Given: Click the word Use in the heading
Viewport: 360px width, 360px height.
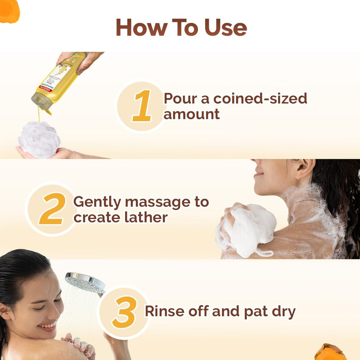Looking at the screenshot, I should click(x=226, y=27).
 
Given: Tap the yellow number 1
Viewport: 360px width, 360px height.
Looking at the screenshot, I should click(x=142, y=105).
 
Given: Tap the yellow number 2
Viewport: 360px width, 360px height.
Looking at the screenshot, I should click(x=52, y=209).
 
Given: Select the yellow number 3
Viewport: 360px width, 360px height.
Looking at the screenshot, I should click(x=124, y=312).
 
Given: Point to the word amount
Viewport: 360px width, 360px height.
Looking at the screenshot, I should click(x=192, y=114).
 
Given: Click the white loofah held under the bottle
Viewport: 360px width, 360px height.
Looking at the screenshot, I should click(x=39, y=140).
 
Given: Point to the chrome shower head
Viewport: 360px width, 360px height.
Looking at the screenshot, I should click(x=85, y=282).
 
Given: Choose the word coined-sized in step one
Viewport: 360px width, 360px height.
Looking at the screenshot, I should click(x=260, y=99).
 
